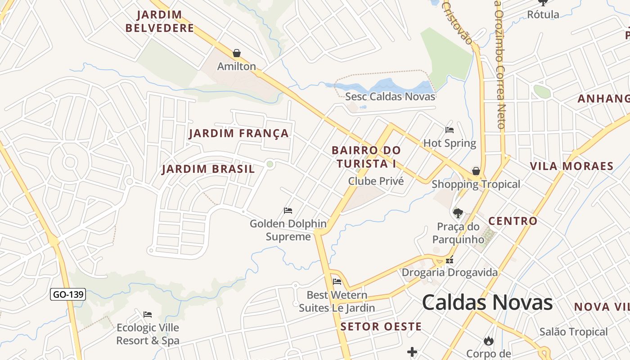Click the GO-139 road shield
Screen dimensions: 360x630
67,295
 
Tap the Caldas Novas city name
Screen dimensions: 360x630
487,302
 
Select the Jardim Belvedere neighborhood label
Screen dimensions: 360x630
160,21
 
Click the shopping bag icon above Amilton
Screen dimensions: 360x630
237,54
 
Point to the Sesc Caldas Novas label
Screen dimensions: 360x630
390,96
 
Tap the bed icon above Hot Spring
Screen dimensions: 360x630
449,130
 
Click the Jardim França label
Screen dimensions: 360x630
238,133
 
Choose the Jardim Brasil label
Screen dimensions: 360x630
208,169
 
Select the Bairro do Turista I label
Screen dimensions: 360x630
366,157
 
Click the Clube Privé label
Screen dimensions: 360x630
376,181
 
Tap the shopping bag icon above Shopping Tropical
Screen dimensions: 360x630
476,171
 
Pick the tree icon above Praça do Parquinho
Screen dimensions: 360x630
458,213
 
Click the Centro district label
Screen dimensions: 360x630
513,221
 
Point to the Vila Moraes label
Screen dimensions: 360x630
571,166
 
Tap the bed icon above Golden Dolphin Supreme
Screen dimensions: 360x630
288,211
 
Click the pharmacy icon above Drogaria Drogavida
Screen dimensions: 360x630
449,260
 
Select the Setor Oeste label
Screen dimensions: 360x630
381,327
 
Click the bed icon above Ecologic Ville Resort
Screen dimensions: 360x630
148,314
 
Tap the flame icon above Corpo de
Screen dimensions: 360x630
489,341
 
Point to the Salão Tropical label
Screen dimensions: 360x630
573,332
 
